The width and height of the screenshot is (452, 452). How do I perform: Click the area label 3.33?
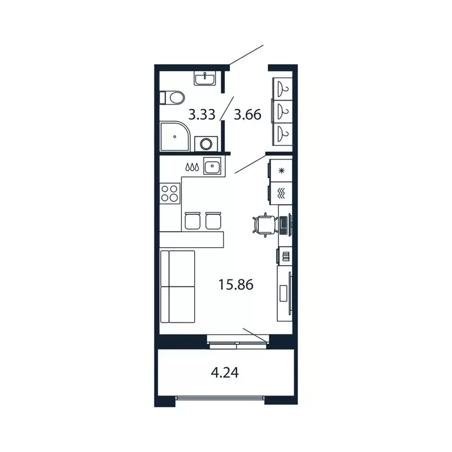202,114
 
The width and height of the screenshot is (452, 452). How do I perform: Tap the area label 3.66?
247,114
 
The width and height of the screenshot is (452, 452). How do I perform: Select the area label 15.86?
235,285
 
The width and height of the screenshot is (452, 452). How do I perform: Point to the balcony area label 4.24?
225,372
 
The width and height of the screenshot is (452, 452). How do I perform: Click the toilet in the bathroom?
172,97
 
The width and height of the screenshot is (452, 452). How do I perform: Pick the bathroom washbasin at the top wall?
206,78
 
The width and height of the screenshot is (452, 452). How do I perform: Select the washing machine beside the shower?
206,143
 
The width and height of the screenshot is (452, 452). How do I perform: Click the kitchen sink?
212,167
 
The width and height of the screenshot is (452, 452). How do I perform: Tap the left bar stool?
193,220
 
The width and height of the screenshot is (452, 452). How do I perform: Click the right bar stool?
213,220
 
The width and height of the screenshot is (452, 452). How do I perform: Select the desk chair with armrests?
263,224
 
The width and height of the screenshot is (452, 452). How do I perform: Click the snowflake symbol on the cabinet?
281,171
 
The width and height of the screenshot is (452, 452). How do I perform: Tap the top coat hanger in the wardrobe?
284,89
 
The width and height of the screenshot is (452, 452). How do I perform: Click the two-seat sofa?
177,286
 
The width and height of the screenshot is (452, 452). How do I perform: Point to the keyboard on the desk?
285,224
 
